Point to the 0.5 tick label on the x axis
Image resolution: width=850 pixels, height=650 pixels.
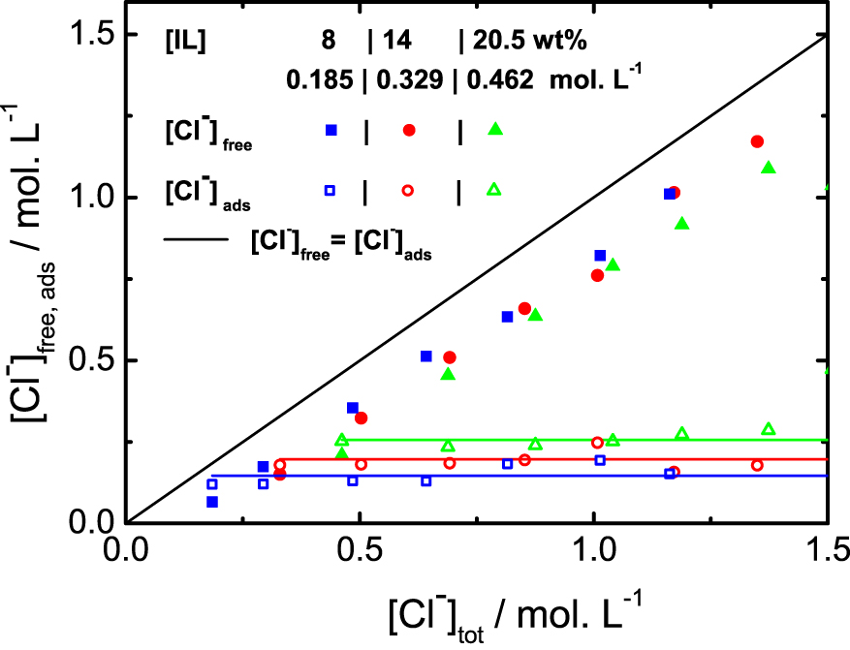(x=359, y=550)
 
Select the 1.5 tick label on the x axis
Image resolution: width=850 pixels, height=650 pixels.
(x=826, y=550)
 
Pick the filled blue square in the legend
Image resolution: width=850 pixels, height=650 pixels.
(x=331, y=130)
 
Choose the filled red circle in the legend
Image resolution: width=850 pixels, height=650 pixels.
(x=409, y=130)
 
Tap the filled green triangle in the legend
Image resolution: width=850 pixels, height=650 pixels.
(x=495, y=129)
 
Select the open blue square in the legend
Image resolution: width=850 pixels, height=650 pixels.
(x=331, y=191)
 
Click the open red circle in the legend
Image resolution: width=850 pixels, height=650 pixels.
(x=409, y=191)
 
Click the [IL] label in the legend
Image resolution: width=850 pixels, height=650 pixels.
(x=184, y=43)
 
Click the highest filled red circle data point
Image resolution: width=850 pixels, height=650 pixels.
(x=757, y=141)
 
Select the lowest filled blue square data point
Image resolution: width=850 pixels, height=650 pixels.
(x=212, y=502)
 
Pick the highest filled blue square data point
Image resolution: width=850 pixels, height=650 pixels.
(x=669, y=194)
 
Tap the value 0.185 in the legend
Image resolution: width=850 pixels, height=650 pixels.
(x=319, y=78)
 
